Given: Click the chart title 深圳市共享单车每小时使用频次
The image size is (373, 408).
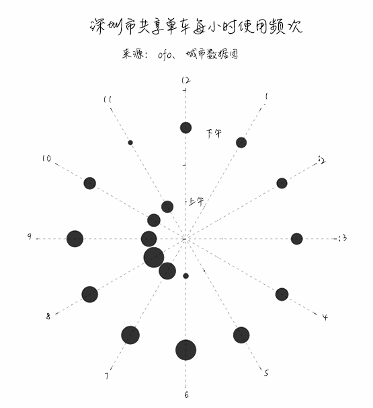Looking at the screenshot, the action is [196, 26].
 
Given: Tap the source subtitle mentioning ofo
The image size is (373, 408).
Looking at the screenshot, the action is [179, 54].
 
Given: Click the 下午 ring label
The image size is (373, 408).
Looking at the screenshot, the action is [214, 134].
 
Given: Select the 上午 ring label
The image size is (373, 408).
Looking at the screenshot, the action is [196, 201].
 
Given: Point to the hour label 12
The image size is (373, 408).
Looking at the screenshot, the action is [185, 80].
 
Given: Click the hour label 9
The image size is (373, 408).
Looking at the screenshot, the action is [30, 236].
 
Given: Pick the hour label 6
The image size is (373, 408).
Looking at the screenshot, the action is [187, 395].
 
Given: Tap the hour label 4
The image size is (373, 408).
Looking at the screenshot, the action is [325, 317].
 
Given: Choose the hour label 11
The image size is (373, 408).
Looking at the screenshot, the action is [108, 100].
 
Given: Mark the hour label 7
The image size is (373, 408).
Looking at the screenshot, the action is [106, 376].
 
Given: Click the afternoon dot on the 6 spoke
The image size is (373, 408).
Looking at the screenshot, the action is [185, 350].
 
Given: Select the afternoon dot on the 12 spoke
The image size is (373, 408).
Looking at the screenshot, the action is [185, 128].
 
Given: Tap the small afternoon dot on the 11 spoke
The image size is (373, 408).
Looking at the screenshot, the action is [130, 143].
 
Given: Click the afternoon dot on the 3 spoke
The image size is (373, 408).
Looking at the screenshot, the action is [296, 239].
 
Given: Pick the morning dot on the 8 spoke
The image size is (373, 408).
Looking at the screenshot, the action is [154, 257].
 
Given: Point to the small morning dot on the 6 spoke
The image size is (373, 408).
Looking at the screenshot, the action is [185, 276].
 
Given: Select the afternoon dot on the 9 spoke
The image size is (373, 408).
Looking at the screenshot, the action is [75, 238].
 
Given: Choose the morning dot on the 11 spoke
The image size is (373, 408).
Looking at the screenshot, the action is [167, 207].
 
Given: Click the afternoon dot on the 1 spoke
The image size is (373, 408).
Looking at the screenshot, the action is [241, 143].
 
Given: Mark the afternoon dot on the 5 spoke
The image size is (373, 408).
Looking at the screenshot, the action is [241, 335].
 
